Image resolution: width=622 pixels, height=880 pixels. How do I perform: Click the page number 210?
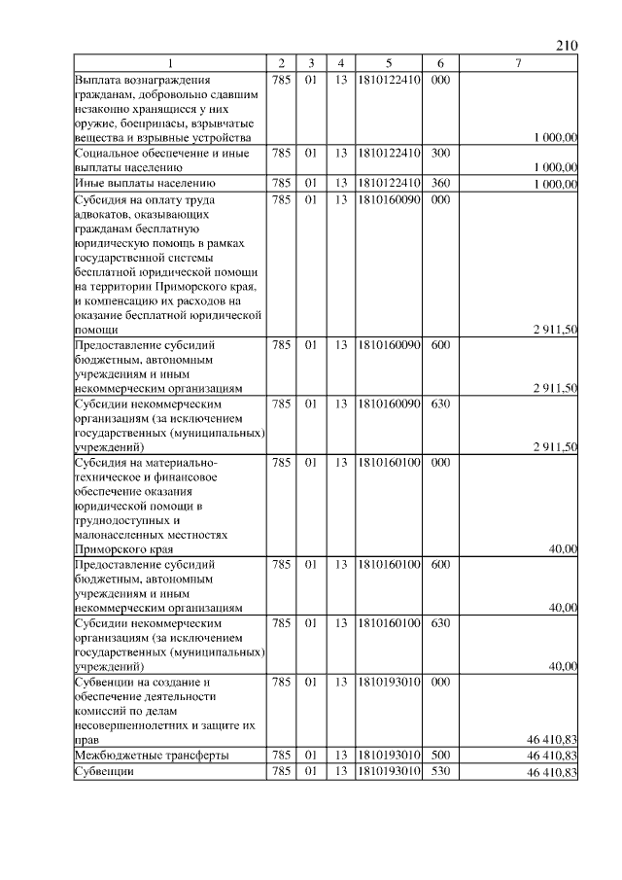coord(568,46)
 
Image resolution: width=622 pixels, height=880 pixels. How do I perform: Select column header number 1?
coord(170,64)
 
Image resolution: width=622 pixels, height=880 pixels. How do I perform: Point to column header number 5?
coord(388,64)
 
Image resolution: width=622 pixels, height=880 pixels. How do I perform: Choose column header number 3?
coord(312,64)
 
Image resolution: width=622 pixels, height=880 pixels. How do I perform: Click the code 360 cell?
coord(439,183)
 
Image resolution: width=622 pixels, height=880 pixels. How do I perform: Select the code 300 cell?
coord(439,153)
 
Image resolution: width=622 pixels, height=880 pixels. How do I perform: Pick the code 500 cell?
coord(439,756)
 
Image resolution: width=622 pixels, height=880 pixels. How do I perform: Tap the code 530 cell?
coord(439,772)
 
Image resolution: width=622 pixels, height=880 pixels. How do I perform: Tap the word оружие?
coord(95,123)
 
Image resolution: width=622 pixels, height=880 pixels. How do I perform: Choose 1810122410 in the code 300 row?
coord(388,153)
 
